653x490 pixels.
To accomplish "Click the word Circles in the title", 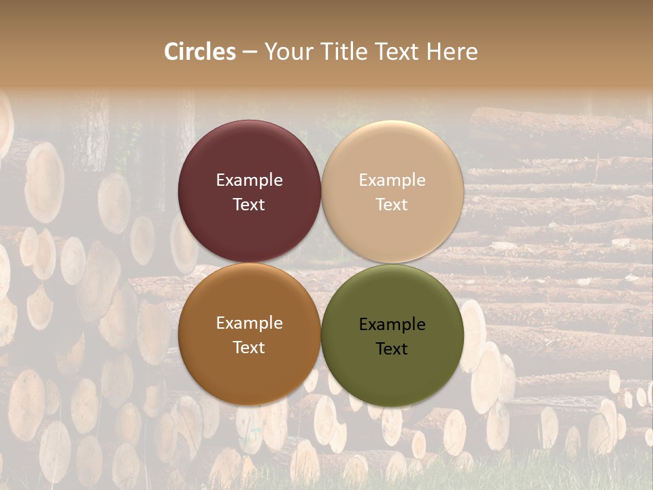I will click(200, 52).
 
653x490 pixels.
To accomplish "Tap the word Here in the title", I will click(452, 52).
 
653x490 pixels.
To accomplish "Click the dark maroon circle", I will click(249, 157).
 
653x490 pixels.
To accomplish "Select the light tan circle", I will click(392, 157).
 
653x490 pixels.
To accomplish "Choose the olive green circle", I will click(392, 371).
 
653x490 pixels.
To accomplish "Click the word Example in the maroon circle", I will click(249, 180).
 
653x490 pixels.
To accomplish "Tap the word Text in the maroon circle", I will click(249, 204).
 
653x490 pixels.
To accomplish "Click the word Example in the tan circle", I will click(392, 180).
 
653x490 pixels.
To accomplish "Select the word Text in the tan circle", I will click(392, 204).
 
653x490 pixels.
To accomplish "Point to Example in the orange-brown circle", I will click(249, 323).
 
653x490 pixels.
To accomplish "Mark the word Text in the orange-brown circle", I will click(249, 347).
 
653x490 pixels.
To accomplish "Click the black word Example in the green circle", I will click(392, 325).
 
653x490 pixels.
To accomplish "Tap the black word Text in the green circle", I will click(392, 349).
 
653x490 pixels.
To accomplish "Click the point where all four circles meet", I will click(321, 263).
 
